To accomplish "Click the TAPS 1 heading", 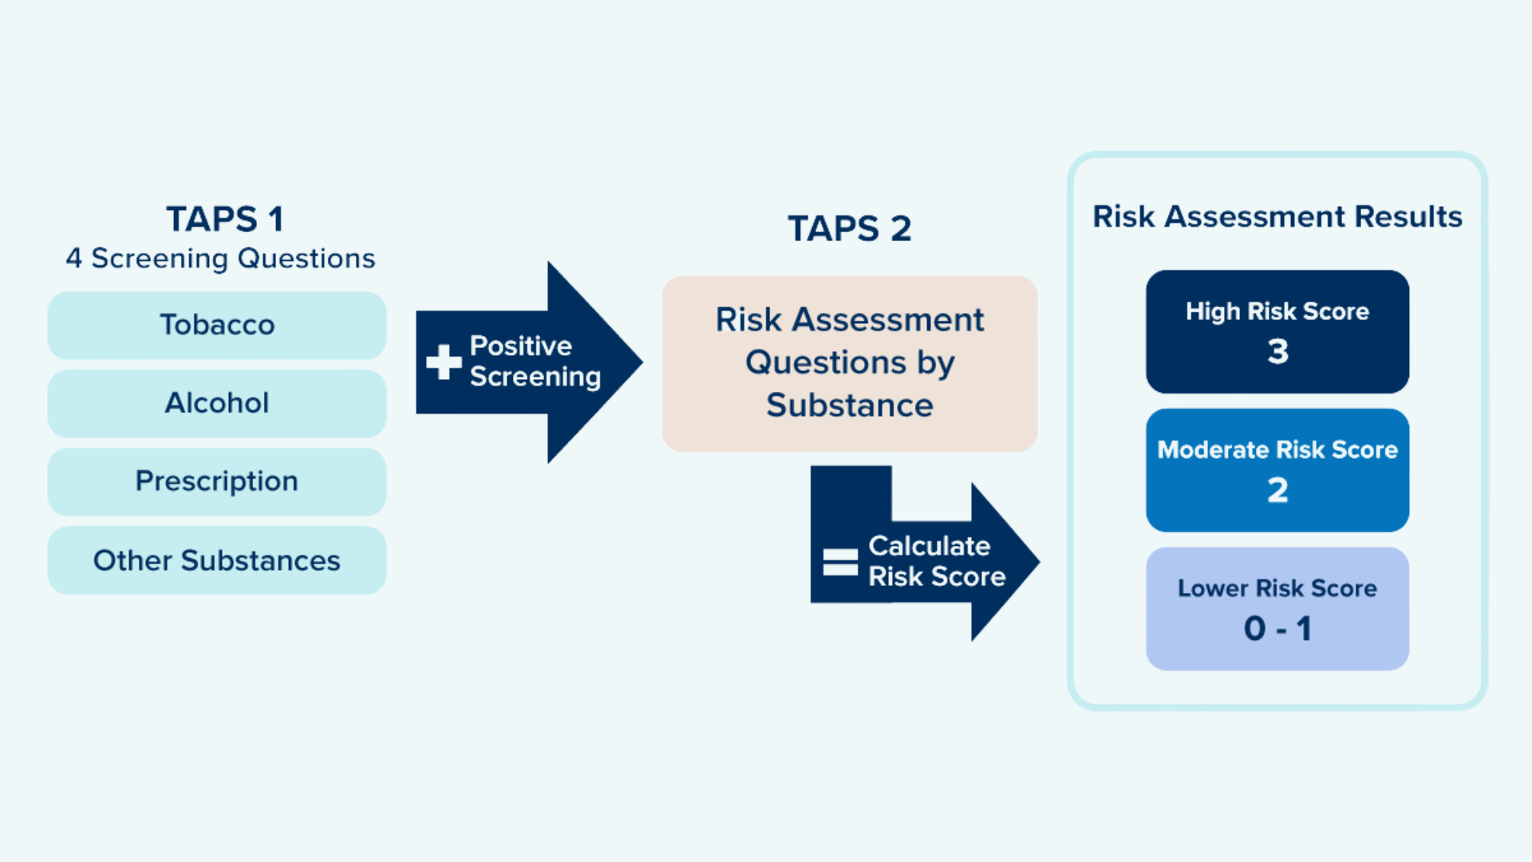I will [224, 219].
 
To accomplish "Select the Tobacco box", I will [217, 326].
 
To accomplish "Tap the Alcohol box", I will [217, 403].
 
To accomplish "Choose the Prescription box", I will [217, 481].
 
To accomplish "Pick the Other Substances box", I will [217, 560].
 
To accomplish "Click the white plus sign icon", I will [444, 362].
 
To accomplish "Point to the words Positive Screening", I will [535, 361].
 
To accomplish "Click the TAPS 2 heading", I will [849, 229].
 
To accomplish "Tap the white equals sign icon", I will [840, 562].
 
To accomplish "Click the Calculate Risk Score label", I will [936, 561].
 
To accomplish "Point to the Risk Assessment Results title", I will [1277, 217].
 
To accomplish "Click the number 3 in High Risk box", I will [1277, 352].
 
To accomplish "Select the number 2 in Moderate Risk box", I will [1277, 490].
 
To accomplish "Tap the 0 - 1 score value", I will [1277, 629].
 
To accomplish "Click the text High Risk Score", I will [1277, 311].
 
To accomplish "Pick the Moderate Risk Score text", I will [1277, 450].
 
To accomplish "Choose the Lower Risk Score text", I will [1277, 589].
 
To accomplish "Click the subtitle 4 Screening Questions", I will [220, 259].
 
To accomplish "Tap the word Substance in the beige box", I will [849, 405].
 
